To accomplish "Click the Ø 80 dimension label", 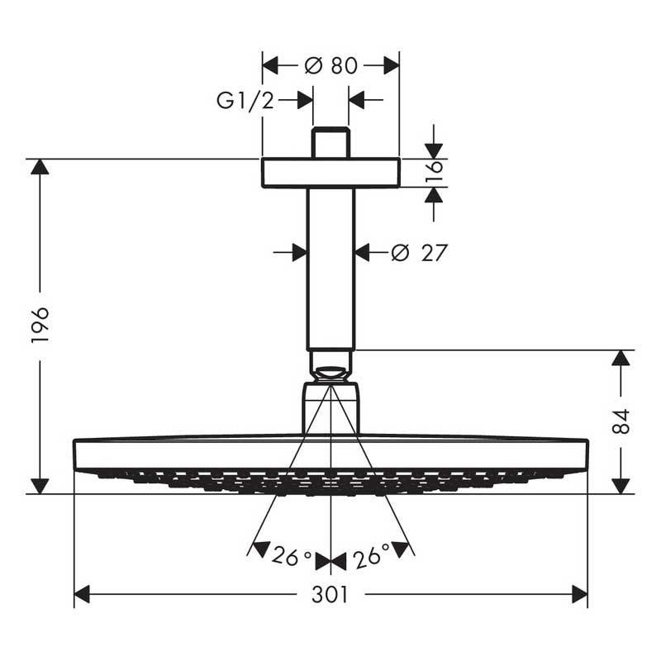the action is (331, 66).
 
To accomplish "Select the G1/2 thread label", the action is (245, 100).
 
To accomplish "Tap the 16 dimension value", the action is (435, 172).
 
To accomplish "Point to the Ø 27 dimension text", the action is (419, 253).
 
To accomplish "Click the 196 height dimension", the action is (40, 325).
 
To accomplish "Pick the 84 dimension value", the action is (621, 421).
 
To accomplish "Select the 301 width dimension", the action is (330, 594).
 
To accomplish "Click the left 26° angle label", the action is (292, 555).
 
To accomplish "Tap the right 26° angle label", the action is (371, 555).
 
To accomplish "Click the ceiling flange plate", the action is (331, 173).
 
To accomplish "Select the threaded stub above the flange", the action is (331, 142).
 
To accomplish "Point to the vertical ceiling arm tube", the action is (331, 269).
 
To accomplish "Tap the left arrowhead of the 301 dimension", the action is (82, 594).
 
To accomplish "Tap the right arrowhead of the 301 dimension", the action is (580, 594).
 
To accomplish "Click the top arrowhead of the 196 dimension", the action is (40, 167).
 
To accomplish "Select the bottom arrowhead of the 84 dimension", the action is (621, 486).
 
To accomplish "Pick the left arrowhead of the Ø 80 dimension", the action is (270, 66).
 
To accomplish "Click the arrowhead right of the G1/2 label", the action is (305, 100).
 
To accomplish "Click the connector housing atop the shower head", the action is (331, 408).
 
